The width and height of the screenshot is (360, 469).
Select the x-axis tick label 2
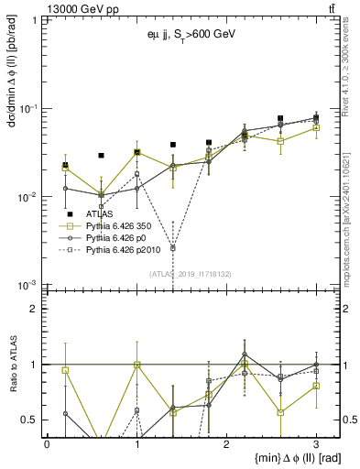click(226, 442)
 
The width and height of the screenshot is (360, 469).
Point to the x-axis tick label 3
click(316, 442)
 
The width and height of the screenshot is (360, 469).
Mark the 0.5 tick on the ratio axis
click(32, 420)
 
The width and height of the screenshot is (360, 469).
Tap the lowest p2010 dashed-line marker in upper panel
click(172, 248)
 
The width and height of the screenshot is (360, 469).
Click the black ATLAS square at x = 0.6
click(101, 156)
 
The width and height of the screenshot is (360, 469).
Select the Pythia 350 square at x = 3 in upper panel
click(316, 127)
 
